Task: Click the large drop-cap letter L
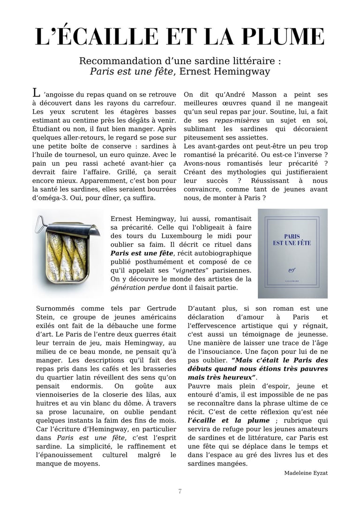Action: [36, 92]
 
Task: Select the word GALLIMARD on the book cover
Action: [292, 281]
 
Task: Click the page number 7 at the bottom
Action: [180, 491]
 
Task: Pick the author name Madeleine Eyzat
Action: [306, 473]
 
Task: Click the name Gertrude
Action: [157, 308]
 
